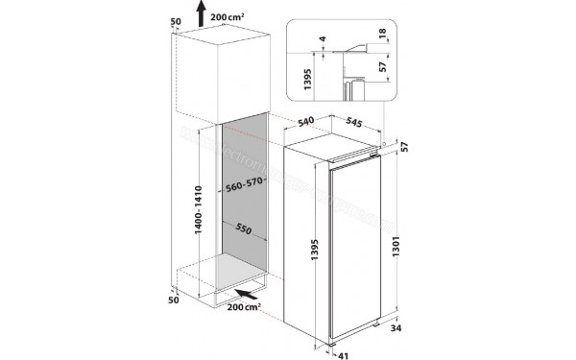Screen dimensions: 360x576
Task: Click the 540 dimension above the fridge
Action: coord(307,122)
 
